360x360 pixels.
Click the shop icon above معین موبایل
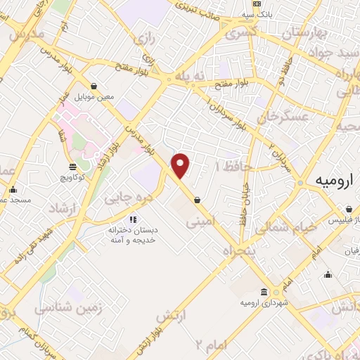[x=94, y=86]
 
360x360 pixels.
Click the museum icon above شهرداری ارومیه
[x=263, y=292]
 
